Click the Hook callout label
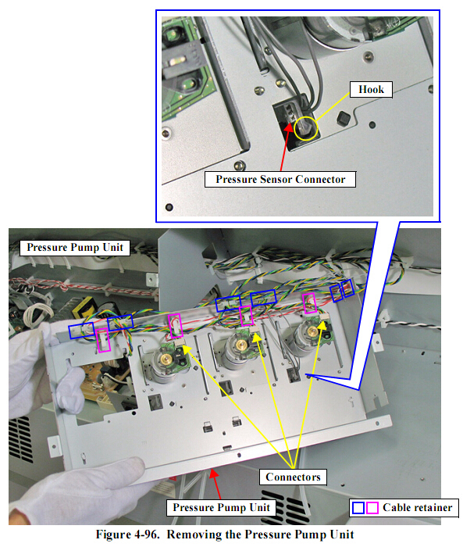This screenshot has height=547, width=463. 371,90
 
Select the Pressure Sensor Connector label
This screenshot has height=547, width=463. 280,179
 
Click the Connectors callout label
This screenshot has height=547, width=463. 293,477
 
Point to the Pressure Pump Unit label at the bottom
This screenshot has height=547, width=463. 221,507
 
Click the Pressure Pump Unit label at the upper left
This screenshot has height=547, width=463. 75,248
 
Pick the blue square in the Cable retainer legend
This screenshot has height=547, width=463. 358,508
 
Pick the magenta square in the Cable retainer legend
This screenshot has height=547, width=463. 372,508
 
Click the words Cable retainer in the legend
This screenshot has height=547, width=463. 418,508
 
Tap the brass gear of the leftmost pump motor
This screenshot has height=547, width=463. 166,358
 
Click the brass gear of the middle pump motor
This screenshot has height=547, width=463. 240,345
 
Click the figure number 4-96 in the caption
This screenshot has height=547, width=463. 146,534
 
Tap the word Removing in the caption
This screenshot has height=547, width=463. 194,534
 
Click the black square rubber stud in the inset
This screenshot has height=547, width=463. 344,118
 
